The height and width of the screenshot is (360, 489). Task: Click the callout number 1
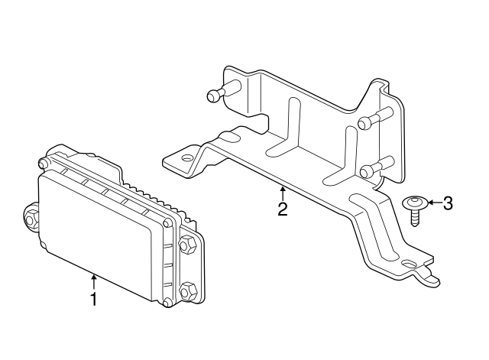(93, 299)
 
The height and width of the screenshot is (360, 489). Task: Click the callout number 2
(283, 209)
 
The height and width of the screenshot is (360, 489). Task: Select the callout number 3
(447, 203)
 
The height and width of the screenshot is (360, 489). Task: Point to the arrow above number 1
(93, 281)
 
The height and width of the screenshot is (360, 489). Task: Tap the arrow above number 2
(283, 193)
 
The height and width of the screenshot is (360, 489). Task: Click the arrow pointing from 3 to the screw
(435, 203)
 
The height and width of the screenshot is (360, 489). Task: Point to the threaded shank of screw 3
(414, 217)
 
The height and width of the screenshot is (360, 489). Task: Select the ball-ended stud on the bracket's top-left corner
(222, 90)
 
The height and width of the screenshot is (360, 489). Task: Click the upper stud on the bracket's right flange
(375, 118)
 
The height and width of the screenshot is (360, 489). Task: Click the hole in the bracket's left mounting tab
(187, 158)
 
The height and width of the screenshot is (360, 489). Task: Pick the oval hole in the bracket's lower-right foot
(410, 264)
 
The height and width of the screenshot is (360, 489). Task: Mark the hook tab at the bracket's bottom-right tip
(431, 277)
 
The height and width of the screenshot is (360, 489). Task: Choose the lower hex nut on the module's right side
(189, 290)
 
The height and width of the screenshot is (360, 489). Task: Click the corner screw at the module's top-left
(43, 163)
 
